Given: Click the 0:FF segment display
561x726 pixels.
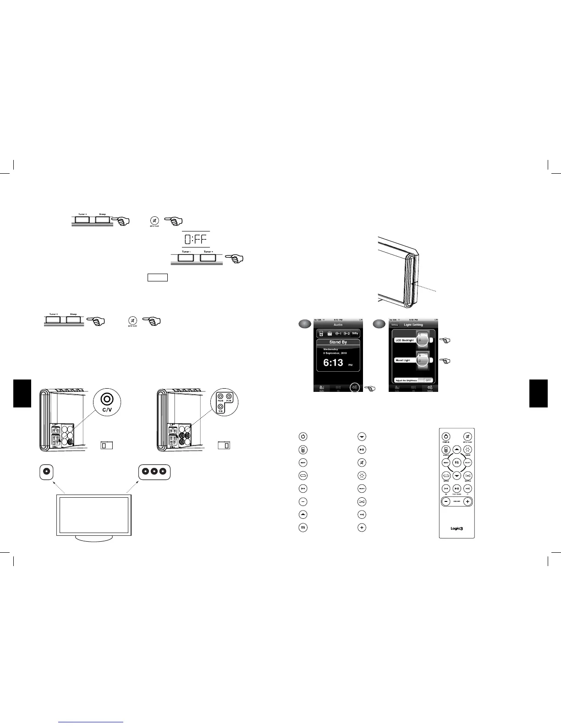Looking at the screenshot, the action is point(196,239).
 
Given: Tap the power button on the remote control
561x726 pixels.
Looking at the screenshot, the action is point(446,437).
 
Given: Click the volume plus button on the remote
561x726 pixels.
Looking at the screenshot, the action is point(467,501).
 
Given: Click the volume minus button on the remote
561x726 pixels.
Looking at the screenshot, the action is point(446,501).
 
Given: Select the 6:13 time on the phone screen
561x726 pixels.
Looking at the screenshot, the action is point(333,363).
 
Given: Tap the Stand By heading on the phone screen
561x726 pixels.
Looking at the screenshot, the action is point(338,342).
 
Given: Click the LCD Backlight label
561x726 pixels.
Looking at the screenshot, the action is point(405,340).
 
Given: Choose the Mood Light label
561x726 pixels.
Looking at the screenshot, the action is point(403,360).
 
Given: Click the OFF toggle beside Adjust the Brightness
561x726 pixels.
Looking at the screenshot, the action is point(428,380).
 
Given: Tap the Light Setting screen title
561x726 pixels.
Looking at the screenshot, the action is point(413,324).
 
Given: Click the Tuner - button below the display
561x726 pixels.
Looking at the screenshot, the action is point(186,258).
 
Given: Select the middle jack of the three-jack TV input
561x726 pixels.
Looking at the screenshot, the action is point(154,472).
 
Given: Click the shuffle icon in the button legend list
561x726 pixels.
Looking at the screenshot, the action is point(362,502).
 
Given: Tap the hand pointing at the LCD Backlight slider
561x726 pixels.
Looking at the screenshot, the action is point(444,341).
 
